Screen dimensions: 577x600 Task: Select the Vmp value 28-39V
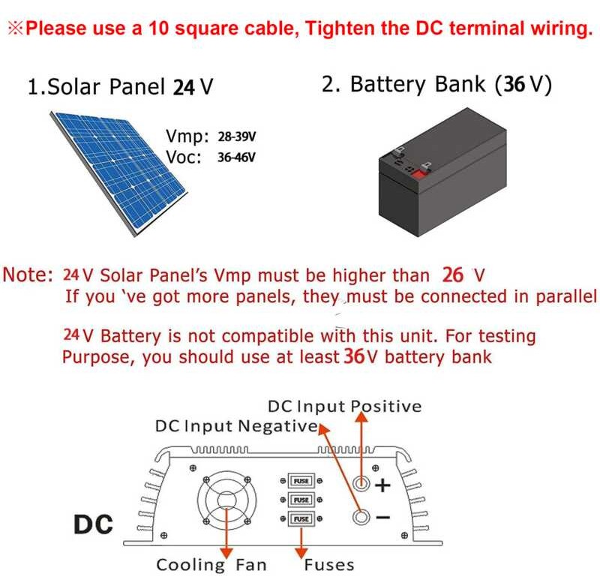pyautogui.click(x=238, y=137)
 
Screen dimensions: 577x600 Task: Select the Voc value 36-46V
pyautogui.click(x=236, y=158)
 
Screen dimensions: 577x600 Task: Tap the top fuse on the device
pyautogui.click(x=301, y=480)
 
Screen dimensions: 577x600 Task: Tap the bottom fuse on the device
pyautogui.click(x=301, y=518)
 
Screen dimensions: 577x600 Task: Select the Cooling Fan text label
pyautogui.click(x=211, y=564)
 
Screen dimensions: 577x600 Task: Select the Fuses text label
pyautogui.click(x=328, y=564)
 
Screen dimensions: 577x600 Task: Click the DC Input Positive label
pyautogui.click(x=344, y=406)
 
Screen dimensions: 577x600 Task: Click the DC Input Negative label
pyautogui.click(x=235, y=426)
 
